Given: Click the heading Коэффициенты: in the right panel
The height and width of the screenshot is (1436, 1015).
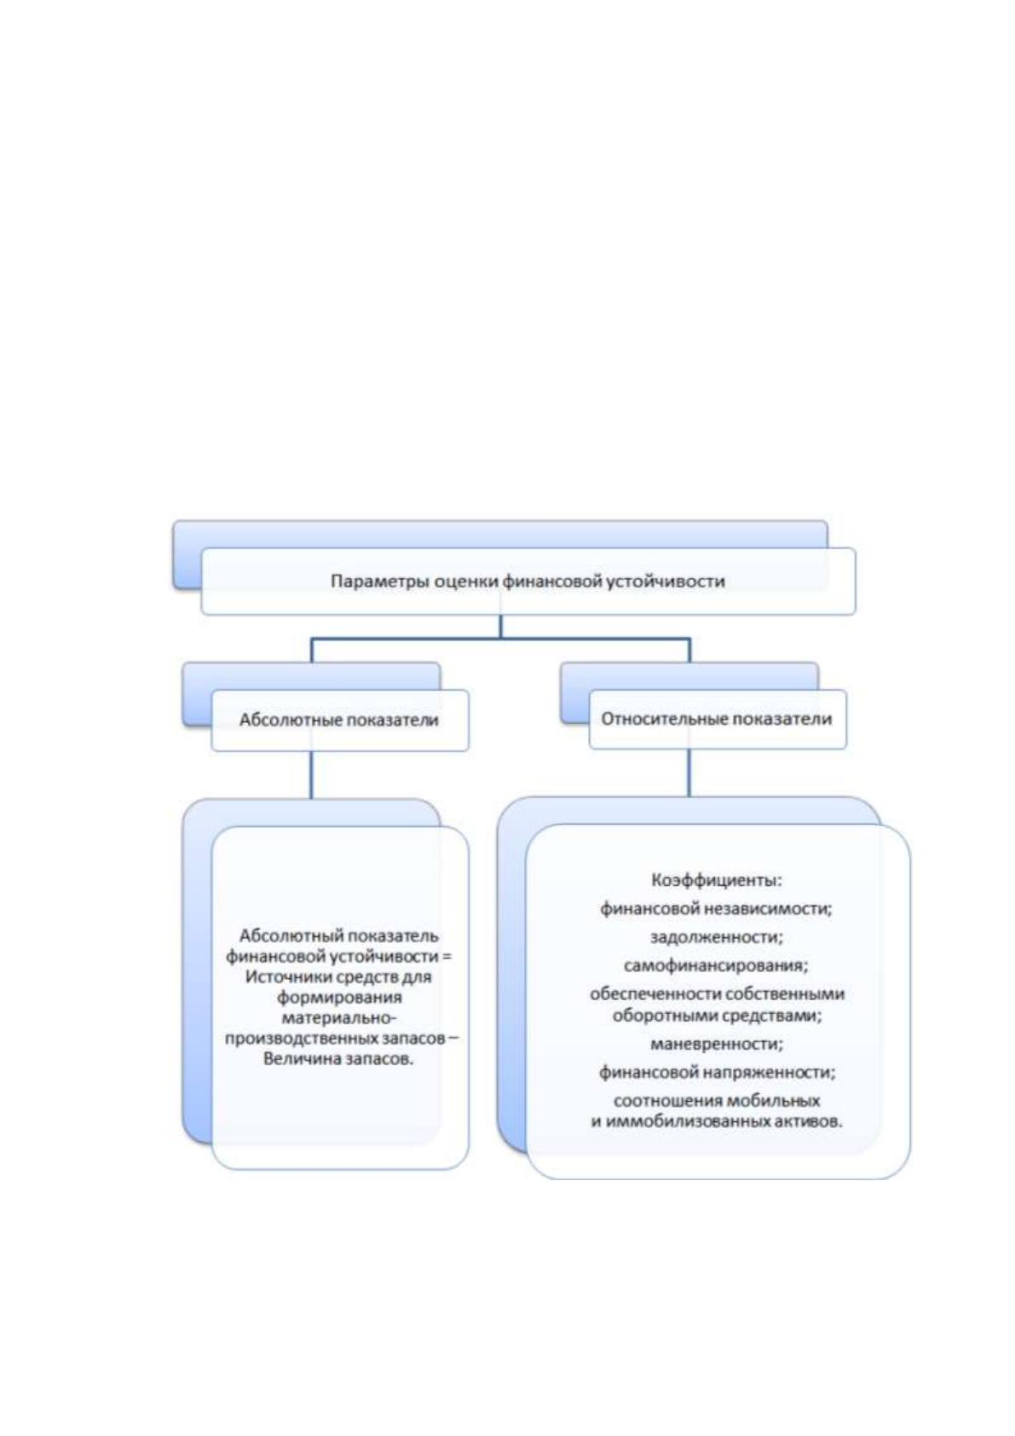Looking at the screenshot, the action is tap(717, 880).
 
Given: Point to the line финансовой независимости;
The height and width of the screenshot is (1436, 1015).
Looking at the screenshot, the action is tap(716, 908).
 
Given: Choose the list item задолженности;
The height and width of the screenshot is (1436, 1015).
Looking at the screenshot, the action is tap(717, 937).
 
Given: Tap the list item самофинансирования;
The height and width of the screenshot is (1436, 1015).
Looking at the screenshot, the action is tap(716, 965).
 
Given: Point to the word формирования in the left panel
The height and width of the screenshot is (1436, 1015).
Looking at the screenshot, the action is tap(340, 998).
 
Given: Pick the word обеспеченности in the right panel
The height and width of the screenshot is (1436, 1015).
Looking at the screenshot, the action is tap(652, 994).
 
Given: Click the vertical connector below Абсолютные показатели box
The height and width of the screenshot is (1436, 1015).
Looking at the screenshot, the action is tap(311, 774).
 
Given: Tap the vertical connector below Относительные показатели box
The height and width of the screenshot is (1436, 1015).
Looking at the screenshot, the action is tap(689, 773).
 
